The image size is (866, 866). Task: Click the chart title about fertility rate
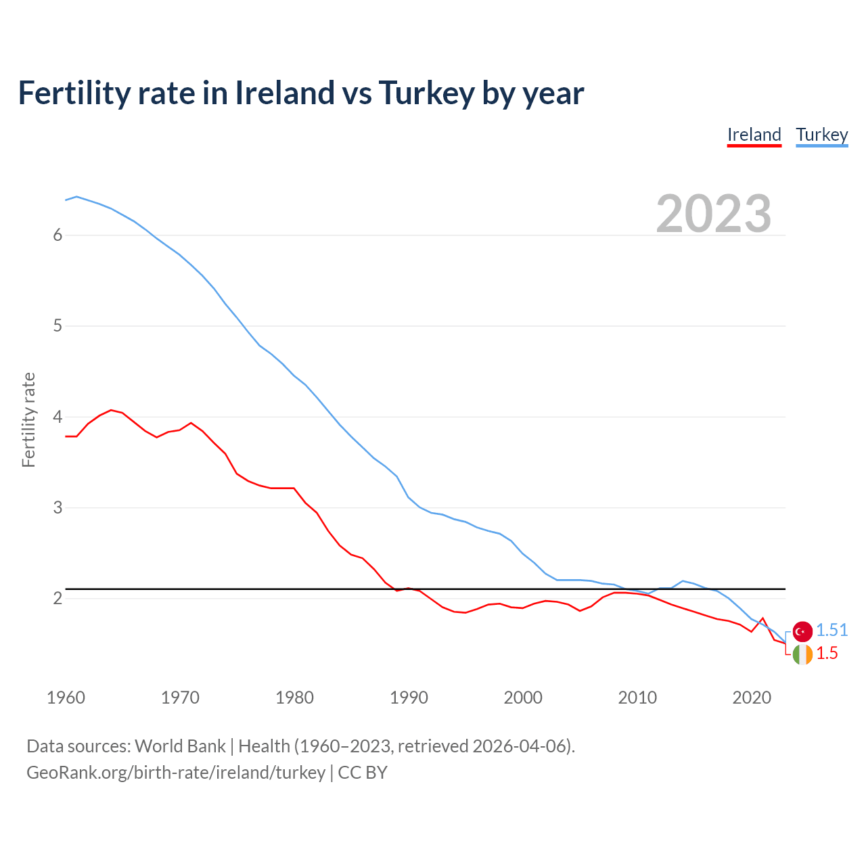[301, 93]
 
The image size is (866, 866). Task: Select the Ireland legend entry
[754, 135]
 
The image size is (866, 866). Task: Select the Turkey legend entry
[821, 135]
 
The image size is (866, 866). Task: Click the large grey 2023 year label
[713, 214]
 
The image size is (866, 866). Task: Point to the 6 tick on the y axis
[58, 235]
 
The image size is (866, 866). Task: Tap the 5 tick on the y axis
[58, 326]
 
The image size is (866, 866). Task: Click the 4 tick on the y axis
[58, 417]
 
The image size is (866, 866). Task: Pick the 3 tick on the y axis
[58, 507]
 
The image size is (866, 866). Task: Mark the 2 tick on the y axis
[58, 598]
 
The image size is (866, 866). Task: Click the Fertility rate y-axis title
[28, 419]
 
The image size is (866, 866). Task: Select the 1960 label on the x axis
[66, 698]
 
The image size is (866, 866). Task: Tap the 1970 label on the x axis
[180, 698]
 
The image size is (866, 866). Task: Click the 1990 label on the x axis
[409, 698]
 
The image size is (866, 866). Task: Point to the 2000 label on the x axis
[523, 698]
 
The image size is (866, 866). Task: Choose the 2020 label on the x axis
[752, 698]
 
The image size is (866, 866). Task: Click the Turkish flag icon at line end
[802, 631]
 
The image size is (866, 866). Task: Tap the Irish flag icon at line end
[802, 654]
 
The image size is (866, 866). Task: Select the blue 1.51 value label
[831, 630]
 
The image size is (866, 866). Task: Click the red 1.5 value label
[827, 653]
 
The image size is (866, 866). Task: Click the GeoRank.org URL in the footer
[176, 773]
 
